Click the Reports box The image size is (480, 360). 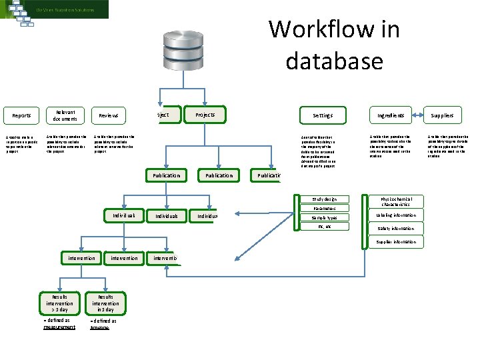21,116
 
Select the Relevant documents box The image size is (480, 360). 66,115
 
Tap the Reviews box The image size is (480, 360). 108,116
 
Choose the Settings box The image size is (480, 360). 323,115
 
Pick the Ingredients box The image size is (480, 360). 391,115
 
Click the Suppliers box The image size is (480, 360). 441,115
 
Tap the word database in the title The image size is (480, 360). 334,61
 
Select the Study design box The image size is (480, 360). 325,199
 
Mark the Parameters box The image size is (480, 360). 325,209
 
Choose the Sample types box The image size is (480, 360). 325,218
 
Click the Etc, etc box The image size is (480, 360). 325,227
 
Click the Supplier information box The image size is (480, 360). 398,242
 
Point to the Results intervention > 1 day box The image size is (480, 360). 60,303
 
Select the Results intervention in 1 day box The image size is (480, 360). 105,303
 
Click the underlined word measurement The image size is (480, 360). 59,327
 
